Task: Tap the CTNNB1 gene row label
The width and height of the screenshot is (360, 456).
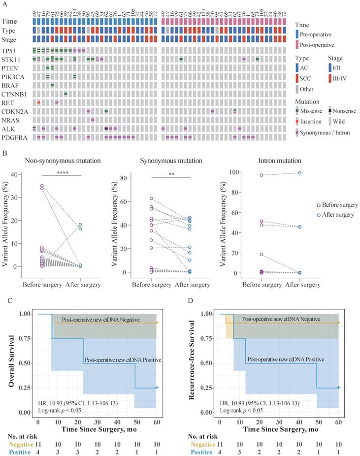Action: pos(13,94)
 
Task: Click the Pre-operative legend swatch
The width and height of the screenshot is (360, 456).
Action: pos(297,34)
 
